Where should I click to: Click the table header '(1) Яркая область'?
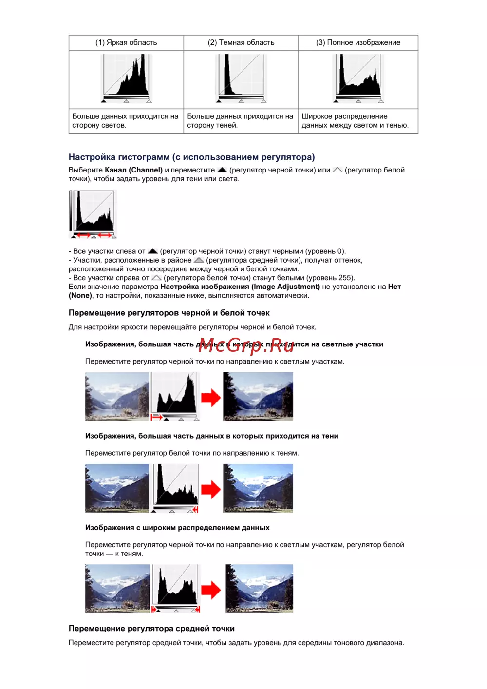[x=126, y=43]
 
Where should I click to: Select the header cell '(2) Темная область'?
[x=241, y=43]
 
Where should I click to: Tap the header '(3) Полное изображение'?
[x=358, y=43]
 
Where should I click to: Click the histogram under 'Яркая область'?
[x=126, y=78]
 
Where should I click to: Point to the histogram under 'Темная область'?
[x=241, y=78]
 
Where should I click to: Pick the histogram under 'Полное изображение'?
[x=358, y=78]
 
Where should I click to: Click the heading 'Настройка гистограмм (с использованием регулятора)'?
[x=191, y=157]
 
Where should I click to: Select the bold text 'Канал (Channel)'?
[x=133, y=170]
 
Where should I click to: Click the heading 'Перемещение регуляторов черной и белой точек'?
[x=169, y=313]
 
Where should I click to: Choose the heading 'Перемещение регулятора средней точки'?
[x=151, y=629]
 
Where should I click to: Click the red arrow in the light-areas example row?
[x=211, y=398]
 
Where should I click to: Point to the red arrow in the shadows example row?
[x=211, y=489]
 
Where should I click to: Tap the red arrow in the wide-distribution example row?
[x=211, y=590]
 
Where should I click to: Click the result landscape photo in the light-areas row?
[x=258, y=397]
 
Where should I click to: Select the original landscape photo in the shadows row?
[x=117, y=488]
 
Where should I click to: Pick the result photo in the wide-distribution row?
[x=260, y=589]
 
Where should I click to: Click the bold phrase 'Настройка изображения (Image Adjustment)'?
[x=240, y=287]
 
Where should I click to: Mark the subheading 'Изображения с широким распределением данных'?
[x=177, y=528]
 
